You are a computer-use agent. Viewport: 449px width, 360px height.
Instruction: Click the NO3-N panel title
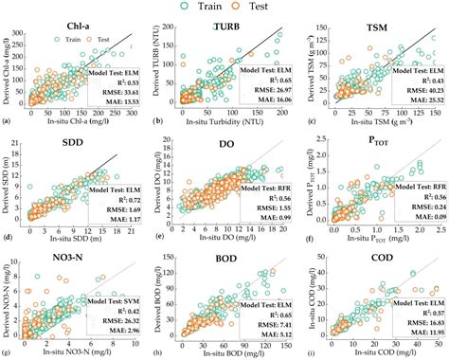click(87, 254)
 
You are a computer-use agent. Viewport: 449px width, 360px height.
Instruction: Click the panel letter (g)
click(7, 353)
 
